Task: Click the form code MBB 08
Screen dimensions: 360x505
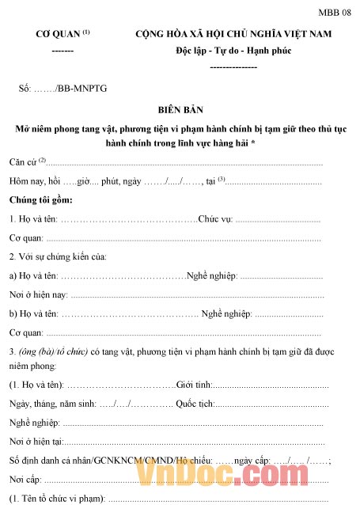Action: [335, 13]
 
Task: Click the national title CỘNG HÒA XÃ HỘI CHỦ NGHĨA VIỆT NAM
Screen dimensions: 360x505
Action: [233, 35]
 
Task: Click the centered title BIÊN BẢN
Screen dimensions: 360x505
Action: [181, 110]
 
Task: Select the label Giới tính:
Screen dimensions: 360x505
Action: [195, 385]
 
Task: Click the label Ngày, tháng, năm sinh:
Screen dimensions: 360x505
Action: [52, 404]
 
